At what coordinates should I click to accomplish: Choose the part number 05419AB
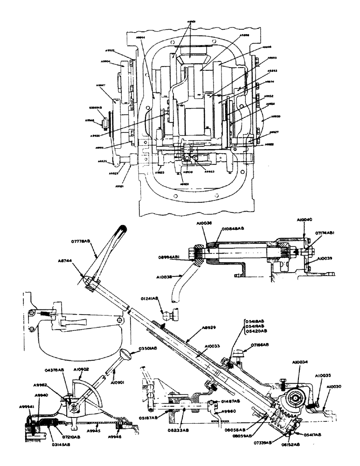tap(256, 326)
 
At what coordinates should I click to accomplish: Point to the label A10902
tap(82, 368)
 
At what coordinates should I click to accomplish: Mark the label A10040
tap(305, 219)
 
